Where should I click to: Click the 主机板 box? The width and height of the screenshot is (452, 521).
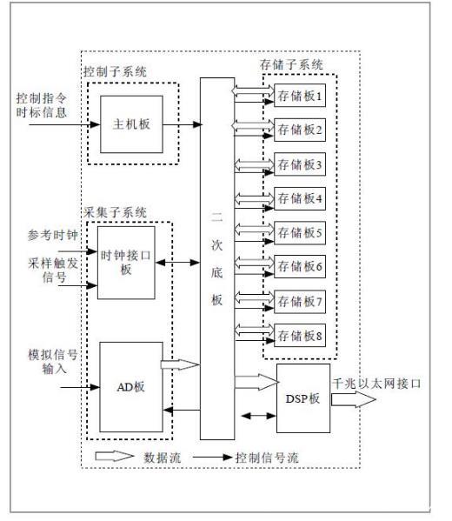[x=131, y=124]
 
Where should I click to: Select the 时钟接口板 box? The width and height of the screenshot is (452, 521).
[x=126, y=263]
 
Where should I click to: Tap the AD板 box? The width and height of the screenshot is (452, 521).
[x=131, y=387]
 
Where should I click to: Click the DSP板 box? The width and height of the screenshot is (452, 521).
[x=303, y=398]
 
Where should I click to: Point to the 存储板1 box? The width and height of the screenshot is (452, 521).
[x=300, y=96]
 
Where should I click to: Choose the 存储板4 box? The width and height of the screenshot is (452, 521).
[x=300, y=198]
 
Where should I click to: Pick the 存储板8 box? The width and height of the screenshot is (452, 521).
[x=300, y=335]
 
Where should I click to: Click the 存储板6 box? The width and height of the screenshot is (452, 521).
[x=300, y=266]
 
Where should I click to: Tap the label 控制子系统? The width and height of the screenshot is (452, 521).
[x=115, y=71]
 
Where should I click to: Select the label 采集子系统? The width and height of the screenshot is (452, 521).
[x=115, y=212]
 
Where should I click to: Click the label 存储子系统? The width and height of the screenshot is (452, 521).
[x=291, y=64]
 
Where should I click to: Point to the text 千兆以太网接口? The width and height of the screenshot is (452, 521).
[x=376, y=384]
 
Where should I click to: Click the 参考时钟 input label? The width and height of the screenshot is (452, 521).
[x=52, y=235]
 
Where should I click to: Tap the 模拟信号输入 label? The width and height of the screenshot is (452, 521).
[x=53, y=362]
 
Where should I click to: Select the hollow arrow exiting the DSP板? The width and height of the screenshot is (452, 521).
[x=354, y=399]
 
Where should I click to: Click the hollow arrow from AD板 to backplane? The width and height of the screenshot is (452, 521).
[x=180, y=364]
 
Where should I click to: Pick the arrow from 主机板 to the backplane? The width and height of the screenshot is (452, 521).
[x=183, y=124]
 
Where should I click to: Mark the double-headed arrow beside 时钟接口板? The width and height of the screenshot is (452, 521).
[x=177, y=263]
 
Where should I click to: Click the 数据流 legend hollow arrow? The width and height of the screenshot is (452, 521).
[x=114, y=456]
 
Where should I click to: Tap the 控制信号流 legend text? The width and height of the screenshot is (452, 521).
[x=267, y=458]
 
